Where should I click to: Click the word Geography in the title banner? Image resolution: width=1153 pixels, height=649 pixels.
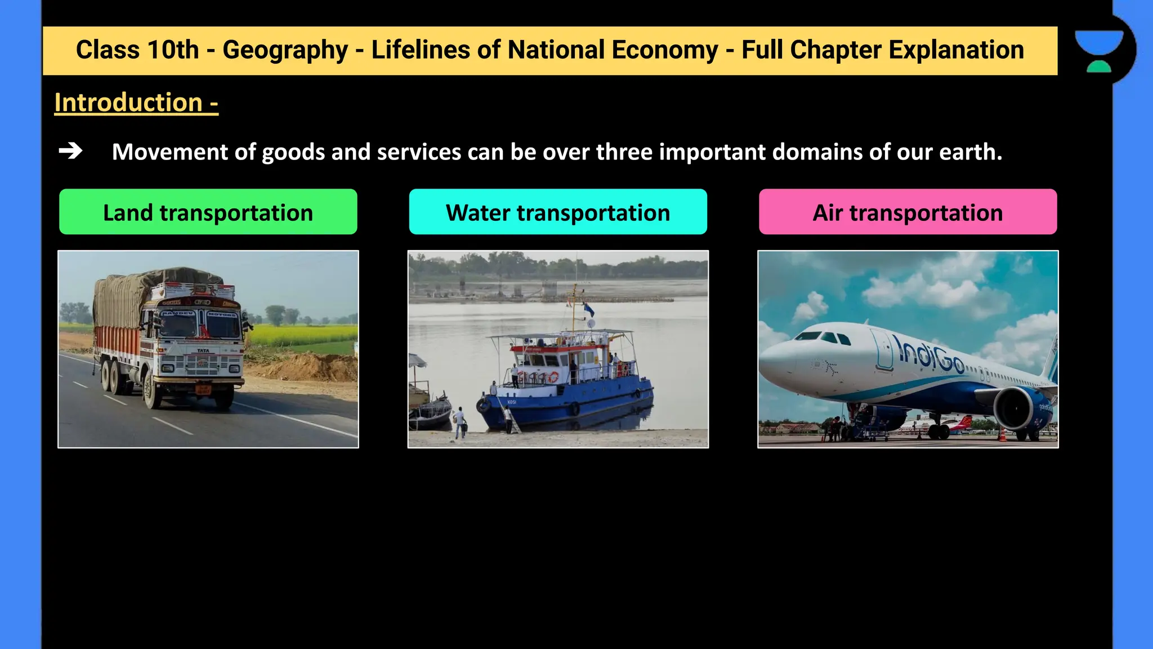point(285,50)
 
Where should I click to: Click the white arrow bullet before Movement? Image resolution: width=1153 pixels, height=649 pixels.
point(70,151)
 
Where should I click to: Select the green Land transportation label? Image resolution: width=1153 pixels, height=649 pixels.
point(208,212)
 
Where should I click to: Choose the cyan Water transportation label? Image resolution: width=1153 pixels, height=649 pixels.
point(557,212)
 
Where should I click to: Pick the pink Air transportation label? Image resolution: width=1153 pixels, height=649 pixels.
point(908,212)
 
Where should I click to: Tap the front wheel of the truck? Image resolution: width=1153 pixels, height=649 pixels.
point(153,391)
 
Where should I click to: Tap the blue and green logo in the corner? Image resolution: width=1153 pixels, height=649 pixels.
point(1098,51)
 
